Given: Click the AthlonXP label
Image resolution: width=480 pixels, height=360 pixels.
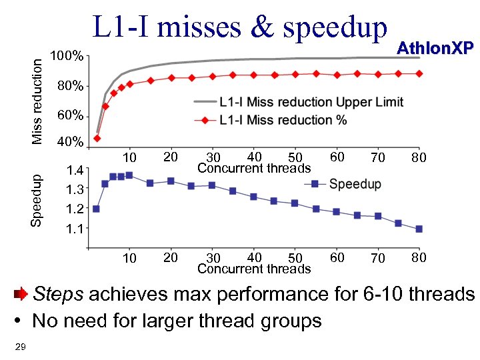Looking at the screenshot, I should (x=435, y=47).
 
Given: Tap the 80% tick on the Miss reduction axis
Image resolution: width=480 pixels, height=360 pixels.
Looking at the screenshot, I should (x=69, y=87).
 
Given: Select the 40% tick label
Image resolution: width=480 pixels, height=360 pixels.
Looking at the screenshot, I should (x=69, y=143).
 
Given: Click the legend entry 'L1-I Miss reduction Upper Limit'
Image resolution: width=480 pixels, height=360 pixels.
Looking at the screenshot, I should (x=311, y=102).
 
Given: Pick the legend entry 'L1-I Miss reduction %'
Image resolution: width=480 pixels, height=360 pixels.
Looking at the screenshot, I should (x=283, y=120).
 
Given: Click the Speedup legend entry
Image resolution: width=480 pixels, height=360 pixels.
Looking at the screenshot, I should (x=355, y=183).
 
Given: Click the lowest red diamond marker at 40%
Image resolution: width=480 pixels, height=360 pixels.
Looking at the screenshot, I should (x=97, y=139).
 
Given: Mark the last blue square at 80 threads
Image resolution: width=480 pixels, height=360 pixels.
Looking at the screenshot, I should (x=419, y=229).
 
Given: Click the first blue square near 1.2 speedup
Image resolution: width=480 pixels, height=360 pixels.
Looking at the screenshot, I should (x=96, y=209).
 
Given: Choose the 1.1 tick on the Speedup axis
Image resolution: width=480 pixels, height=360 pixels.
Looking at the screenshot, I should (x=75, y=229).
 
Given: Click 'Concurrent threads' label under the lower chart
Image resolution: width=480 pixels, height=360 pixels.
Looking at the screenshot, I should (x=254, y=269).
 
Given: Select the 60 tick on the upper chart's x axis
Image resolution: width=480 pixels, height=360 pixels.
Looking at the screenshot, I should (x=337, y=157).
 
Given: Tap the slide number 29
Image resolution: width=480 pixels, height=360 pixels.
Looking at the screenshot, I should (x=19, y=345).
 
